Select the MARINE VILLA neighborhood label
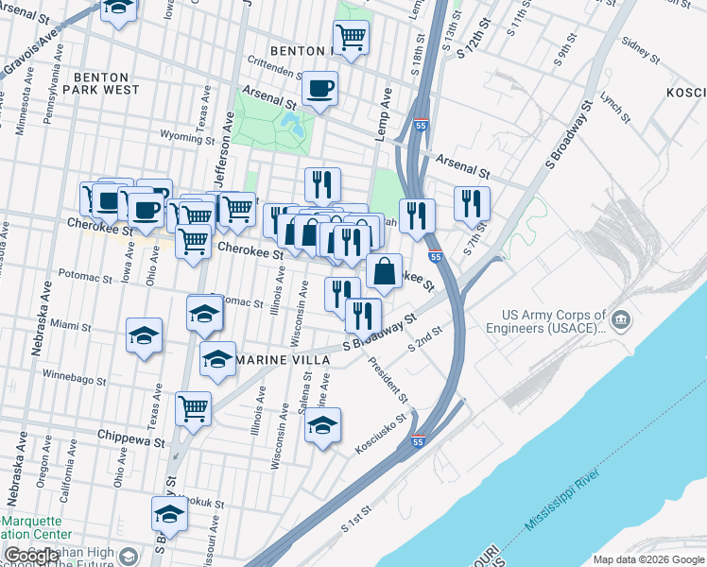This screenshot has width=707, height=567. click(x=283, y=361)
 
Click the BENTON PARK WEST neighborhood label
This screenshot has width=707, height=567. click(x=106, y=83)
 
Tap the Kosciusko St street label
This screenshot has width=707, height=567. click(x=380, y=419)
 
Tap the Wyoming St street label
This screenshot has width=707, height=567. click(x=187, y=137)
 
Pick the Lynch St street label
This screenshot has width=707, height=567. click(x=614, y=106)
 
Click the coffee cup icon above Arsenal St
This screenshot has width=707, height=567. click(x=320, y=88)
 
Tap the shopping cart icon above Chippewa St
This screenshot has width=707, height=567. click(x=193, y=408)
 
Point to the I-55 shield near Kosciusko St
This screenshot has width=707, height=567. click(x=418, y=441)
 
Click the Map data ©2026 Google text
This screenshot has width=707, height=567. click(x=647, y=558)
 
